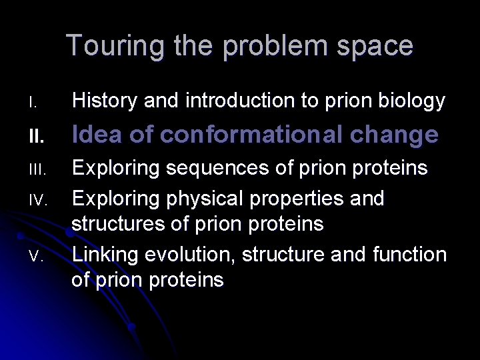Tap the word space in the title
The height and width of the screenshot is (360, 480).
376,47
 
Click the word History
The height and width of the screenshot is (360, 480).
107,101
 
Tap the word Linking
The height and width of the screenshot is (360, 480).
106,255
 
